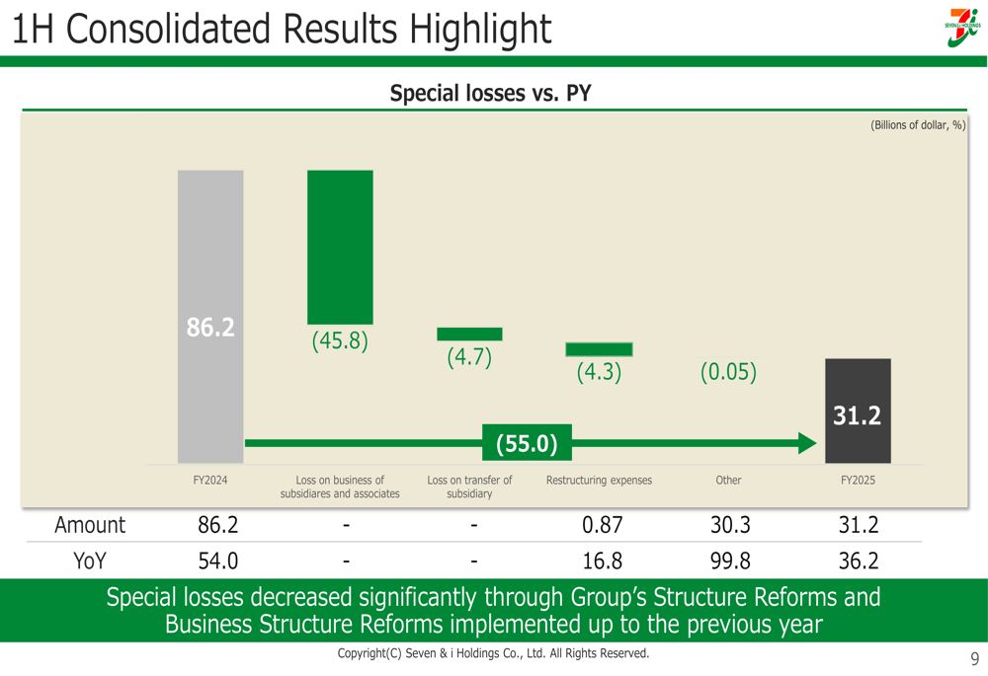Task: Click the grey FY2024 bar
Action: (210, 316)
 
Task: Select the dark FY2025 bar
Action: (858, 411)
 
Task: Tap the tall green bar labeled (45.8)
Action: (340, 247)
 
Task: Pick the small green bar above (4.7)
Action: (469, 335)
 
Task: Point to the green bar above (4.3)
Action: (599, 349)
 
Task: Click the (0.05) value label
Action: (728, 372)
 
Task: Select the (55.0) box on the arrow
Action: (527, 444)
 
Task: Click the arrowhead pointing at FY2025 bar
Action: (807, 444)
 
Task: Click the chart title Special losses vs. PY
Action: (490, 94)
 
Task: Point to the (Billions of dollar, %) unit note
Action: (917, 125)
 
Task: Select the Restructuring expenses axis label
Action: (599, 481)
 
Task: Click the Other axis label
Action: (728, 481)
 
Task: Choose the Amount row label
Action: (90, 525)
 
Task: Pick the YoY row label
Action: (90, 562)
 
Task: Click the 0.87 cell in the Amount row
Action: (602, 525)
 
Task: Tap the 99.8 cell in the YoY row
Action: (730, 562)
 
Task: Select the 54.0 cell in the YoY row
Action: (218, 562)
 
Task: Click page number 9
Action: (974, 659)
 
